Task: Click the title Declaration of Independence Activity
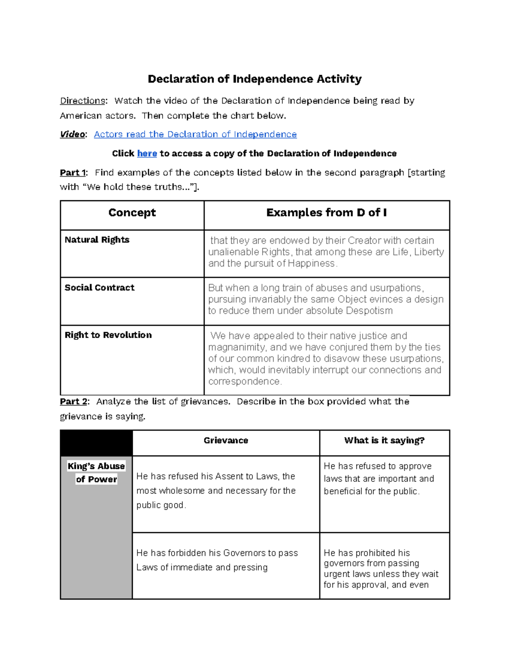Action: coord(255,79)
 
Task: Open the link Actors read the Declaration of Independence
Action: coord(195,135)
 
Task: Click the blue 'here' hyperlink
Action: coord(147,154)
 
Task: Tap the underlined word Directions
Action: coord(82,101)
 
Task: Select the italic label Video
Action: coord(72,135)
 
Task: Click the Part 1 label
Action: coord(73,173)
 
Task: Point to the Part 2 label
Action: coord(73,401)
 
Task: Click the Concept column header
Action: coord(132,213)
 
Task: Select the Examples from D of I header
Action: coord(326,213)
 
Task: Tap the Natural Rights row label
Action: coord(97,240)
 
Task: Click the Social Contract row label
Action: coord(99,288)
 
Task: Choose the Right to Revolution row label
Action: coord(108,335)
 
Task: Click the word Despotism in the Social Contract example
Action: coord(369,311)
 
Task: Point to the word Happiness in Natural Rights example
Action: coord(312,264)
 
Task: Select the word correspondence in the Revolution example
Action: coord(244,381)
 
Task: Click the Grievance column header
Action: coord(226,440)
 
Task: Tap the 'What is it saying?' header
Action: coord(384,440)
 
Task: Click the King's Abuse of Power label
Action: coord(96,472)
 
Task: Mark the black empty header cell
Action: coord(96,443)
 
